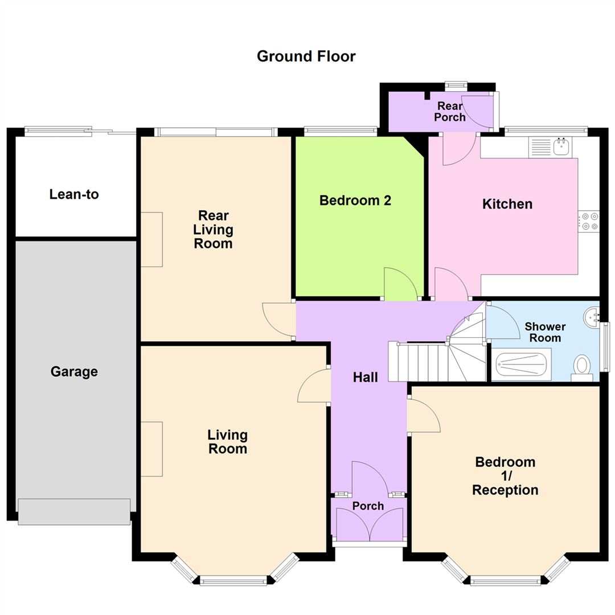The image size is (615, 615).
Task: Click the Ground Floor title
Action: coord(306,56)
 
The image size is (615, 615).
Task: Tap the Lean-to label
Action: coord(74,194)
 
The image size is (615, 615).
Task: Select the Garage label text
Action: coord(74,372)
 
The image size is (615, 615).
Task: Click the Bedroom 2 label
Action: coord(355,200)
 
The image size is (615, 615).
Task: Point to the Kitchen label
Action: coord(507,204)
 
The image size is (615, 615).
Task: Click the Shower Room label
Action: coord(545,332)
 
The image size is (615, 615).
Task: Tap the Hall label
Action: coord(366,377)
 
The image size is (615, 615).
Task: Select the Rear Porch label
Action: coord(450,112)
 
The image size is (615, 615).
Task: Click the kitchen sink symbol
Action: coord(561,146)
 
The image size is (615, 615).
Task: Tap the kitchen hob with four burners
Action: coord(588,222)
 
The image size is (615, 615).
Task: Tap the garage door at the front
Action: coord(74,511)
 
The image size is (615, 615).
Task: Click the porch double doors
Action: coord(370,524)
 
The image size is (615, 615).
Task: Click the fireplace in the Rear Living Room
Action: coord(152,239)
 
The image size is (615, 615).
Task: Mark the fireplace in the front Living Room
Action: coord(152,449)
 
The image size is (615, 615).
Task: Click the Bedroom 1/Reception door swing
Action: coord(423,416)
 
